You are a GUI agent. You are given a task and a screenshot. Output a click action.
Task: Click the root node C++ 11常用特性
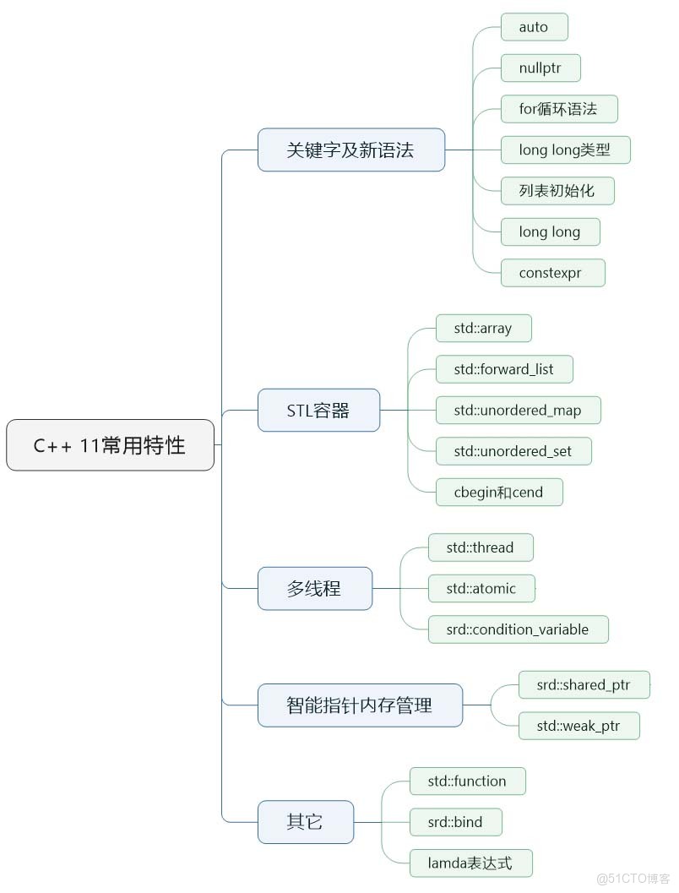(x=110, y=445)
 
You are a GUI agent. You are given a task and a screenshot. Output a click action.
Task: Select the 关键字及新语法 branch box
(x=350, y=150)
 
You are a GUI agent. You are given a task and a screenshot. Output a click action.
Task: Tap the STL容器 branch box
(x=318, y=411)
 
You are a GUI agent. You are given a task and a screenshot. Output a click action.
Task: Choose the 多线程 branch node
(x=314, y=588)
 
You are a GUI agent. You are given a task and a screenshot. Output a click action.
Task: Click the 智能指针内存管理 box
(x=360, y=705)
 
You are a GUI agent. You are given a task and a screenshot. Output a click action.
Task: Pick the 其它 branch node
(x=305, y=821)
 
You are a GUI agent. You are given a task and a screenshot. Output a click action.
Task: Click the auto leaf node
(x=534, y=27)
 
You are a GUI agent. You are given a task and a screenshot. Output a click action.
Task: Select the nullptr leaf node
(x=540, y=68)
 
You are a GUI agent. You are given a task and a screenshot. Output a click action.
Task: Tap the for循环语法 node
(x=558, y=109)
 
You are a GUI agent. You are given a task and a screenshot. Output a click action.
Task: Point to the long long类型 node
(x=565, y=150)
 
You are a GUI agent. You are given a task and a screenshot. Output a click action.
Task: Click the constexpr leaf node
(x=551, y=273)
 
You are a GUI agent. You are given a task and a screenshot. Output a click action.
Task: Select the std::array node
(x=483, y=329)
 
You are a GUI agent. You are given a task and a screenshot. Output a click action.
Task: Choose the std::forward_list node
(x=504, y=369)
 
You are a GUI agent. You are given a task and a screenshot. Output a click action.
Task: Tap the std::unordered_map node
(x=519, y=410)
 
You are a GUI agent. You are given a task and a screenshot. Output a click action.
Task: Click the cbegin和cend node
(x=498, y=492)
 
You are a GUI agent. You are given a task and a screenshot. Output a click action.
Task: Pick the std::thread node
(x=480, y=547)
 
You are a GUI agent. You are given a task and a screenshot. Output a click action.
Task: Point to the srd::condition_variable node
(x=517, y=629)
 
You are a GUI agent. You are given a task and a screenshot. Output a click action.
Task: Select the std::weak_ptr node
(x=579, y=726)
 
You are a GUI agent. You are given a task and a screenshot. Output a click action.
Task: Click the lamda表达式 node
(x=470, y=863)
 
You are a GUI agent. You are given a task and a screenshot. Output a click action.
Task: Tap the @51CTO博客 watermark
(x=633, y=879)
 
